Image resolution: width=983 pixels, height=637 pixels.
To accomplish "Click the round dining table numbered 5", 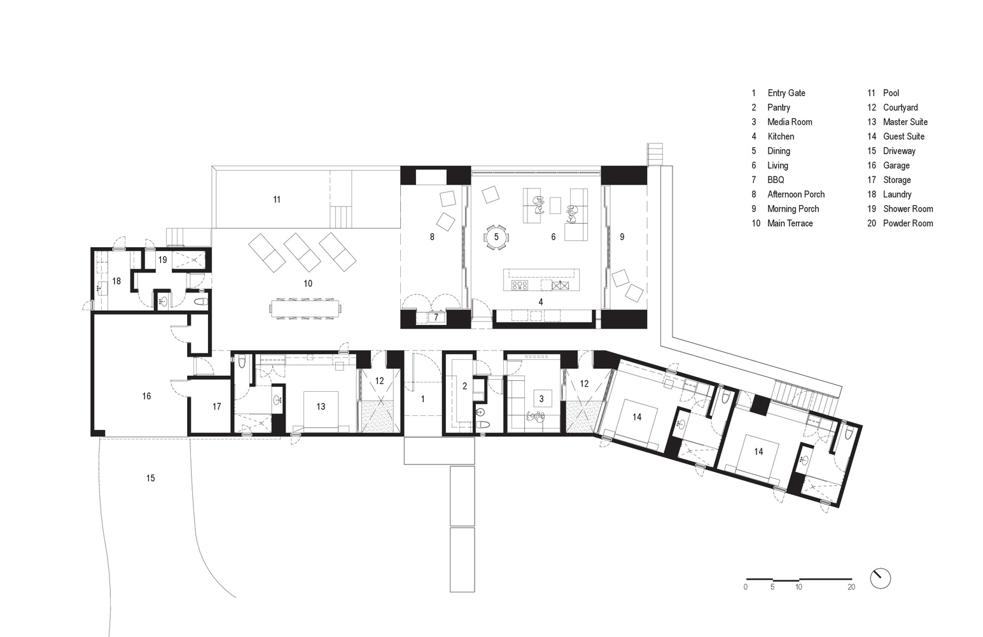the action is click(x=496, y=237).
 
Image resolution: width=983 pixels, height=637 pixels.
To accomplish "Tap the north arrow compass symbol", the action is click(x=880, y=578).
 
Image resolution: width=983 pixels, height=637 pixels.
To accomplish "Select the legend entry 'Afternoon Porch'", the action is click(x=795, y=195).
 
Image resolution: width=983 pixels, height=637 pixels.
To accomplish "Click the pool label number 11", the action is click(x=277, y=200).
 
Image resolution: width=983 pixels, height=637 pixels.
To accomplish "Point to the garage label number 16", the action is click(x=146, y=396).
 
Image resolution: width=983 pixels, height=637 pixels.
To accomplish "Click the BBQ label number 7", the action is click(x=436, y=317).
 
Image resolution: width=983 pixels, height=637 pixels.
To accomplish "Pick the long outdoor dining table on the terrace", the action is click(x=305, y=309).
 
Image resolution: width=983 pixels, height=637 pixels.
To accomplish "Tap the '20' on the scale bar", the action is click(x=851, y=587).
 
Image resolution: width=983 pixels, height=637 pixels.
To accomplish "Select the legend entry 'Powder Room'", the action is click(x=908, y=224).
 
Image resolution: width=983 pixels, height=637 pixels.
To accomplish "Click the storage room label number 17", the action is click(x=217, y=407).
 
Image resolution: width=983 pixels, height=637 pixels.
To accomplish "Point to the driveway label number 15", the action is click(x=151, y=478).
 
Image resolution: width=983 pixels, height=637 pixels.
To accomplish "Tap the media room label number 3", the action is click(x=541, y=399).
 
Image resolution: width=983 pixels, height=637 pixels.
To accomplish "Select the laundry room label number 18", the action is click(x=116, y=281).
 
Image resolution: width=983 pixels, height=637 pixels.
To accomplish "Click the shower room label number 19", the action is click(x=163, y=260).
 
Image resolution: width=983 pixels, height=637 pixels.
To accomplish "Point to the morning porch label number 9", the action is click(x=622, y=237).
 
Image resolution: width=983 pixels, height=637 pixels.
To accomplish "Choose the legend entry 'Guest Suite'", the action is click(x=903, y=136).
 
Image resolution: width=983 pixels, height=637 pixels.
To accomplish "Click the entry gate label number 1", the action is click(x=422, y=399).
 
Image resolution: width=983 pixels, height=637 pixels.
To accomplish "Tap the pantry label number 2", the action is click(x=464, y=386).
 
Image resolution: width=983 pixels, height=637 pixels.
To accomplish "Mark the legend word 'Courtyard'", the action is click(x=900, y=108).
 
